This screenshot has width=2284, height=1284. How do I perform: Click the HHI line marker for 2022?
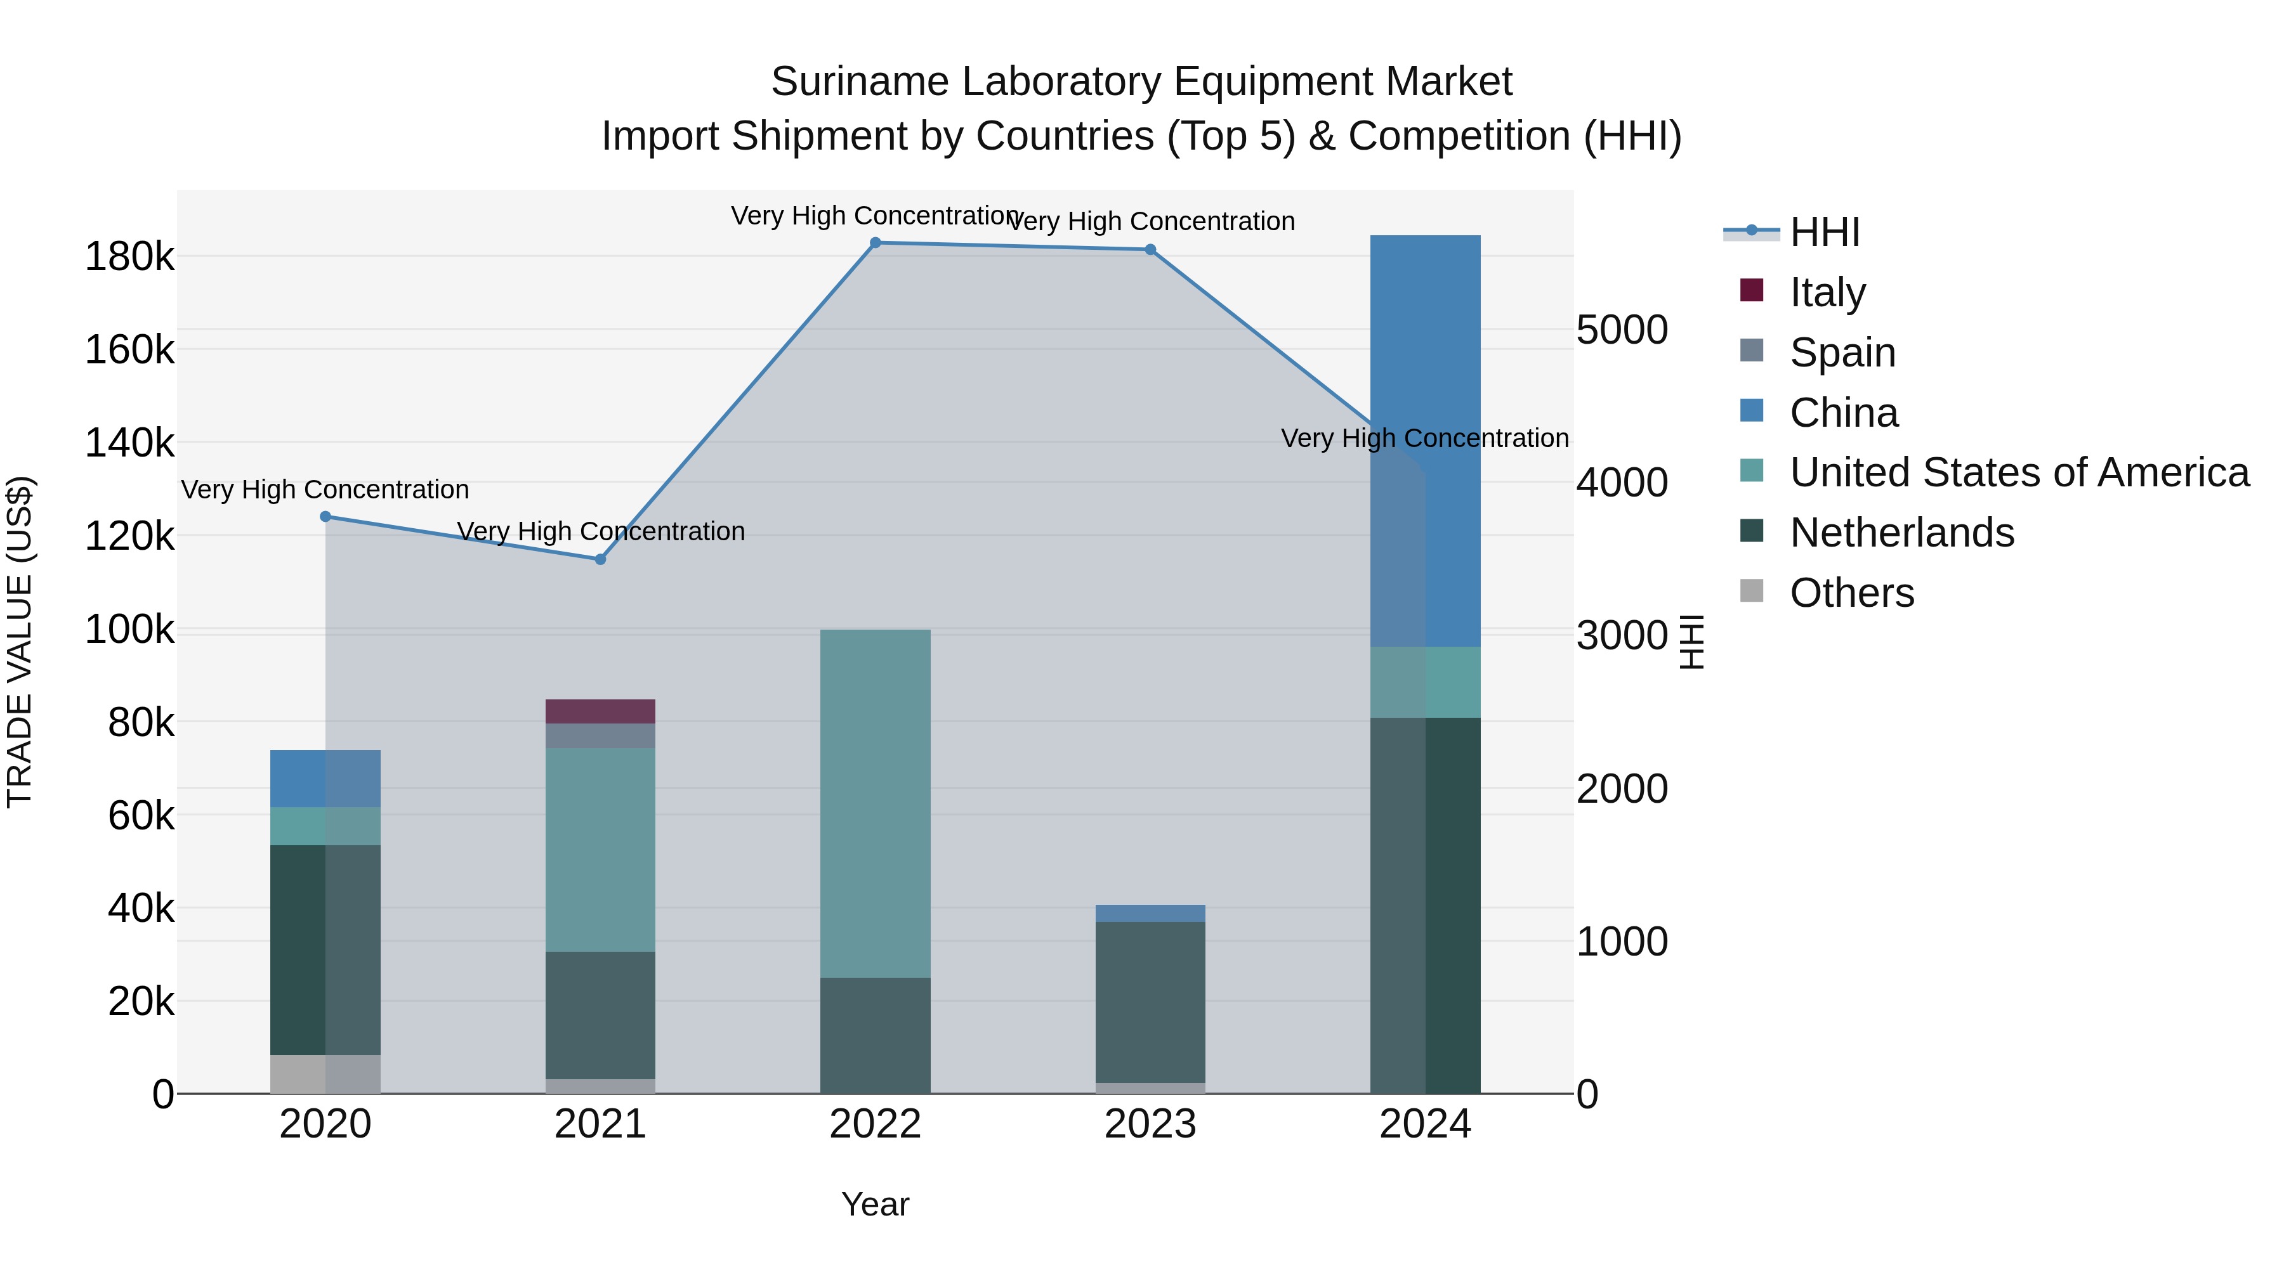(875, 243)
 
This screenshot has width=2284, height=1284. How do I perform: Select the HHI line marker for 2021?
(600, 559)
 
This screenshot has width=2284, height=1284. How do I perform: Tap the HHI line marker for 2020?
(325, 517)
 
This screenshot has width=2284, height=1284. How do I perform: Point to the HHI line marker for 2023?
(1150, 250)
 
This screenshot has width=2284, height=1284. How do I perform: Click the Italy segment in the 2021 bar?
(600, 711)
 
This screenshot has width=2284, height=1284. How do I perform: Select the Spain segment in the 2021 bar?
(600, 736)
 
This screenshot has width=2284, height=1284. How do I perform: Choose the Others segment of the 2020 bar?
(325, 1074)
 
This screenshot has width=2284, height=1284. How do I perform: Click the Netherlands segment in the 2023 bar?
(1150, 1001)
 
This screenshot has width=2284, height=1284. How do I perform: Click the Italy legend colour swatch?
(1751, 290)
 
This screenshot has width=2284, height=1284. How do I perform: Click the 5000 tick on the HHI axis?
(1622, 330)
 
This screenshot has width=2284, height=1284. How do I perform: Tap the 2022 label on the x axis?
(875, 1124)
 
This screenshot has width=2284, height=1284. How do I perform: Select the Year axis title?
(875, 1204)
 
